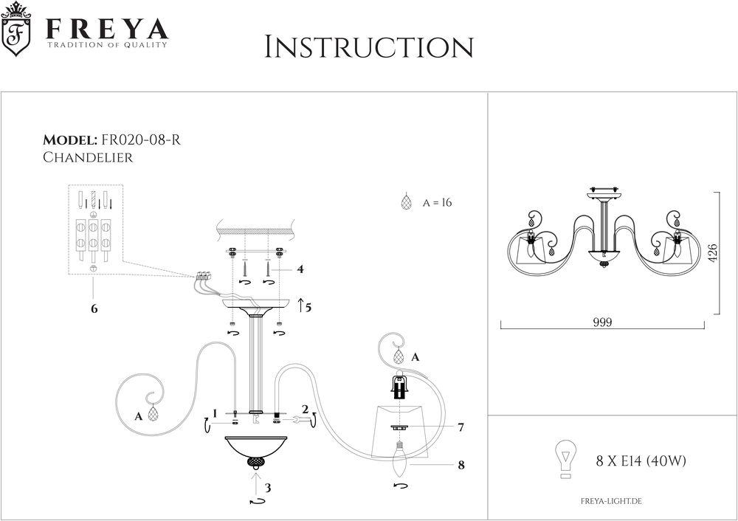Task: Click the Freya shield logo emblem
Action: click(18, 33)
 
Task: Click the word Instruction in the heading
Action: click(368, 47)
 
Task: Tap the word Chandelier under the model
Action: click(88, 157)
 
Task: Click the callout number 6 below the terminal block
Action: click(94, 308)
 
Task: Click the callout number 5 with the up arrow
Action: click(307, 306)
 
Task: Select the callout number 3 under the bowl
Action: click(269, 488)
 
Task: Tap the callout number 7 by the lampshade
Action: click(461, 427)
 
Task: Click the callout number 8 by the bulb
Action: click(461, 465)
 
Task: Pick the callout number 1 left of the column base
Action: click(214, 413)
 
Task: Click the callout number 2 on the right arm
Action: click(304, 408)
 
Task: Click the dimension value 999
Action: click(603, 322)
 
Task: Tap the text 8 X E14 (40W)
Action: click(641, 461)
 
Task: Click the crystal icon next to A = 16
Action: click(404, 203)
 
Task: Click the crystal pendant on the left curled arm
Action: click(154, 415)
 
